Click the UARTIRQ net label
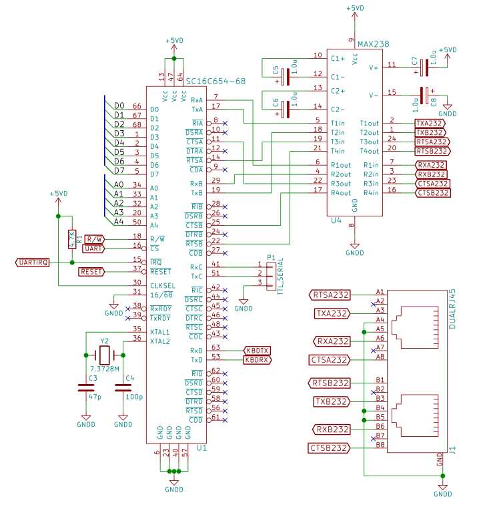pos(32,262)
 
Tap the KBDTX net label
pos(257,350)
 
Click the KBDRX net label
pos(257,359)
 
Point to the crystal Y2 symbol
pos(104,355)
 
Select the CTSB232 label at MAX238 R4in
pos(432,193)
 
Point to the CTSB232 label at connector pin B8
pos(329,448)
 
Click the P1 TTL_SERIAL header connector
pos(270,276)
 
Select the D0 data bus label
pos(119,106)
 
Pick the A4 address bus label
pos(118,222)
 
